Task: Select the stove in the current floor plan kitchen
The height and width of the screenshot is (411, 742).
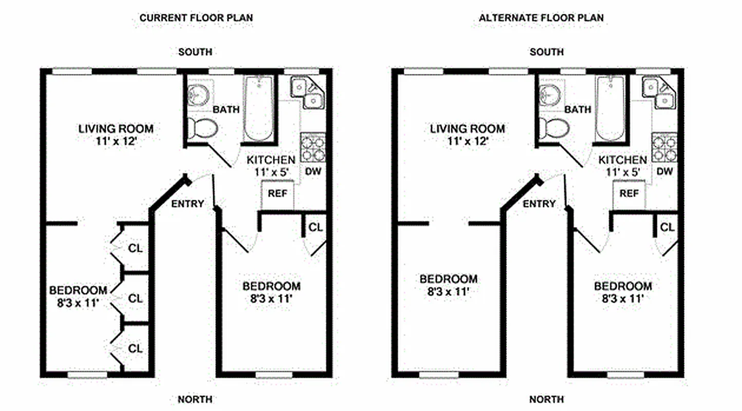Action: [312, 148]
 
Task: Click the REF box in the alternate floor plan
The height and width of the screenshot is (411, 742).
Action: [629, 194]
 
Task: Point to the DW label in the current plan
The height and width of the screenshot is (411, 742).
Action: [313, 171]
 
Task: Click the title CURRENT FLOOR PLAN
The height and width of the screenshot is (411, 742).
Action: [196, 18]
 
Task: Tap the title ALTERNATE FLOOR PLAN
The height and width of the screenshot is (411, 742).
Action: [541, 18]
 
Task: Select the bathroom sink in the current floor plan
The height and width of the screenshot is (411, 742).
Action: [197, 95]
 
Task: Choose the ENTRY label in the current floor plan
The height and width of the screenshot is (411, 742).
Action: [187, 204]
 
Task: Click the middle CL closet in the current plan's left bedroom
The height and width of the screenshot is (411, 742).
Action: [135, 298]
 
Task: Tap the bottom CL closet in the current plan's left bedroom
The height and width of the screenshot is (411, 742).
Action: [135, 349]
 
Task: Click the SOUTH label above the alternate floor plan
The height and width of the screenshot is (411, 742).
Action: [546, 52]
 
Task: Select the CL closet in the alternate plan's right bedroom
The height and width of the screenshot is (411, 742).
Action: [667, 227]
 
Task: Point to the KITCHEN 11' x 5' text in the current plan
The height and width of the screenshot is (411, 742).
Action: [271, 166]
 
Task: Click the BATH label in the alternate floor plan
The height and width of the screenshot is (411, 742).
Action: [578, 109]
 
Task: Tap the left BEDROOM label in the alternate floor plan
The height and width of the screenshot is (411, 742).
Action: [448, 285]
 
